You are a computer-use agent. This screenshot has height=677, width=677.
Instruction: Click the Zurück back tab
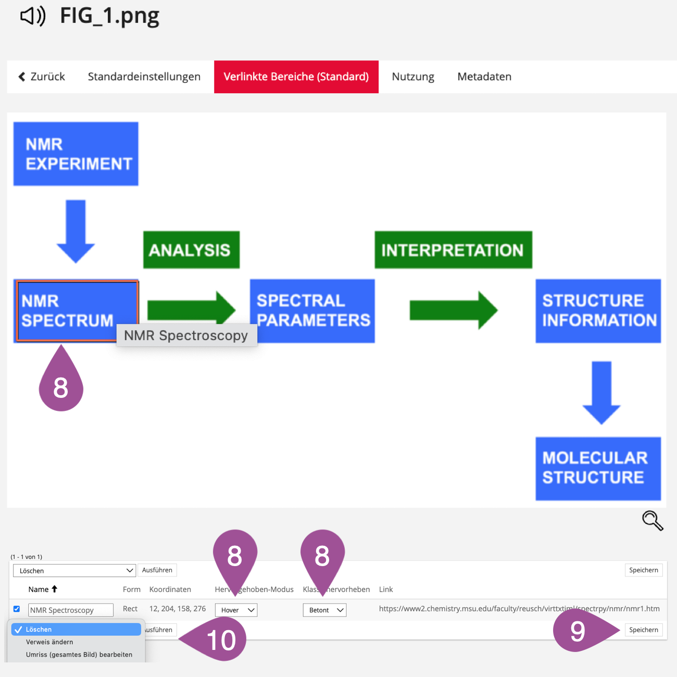[x=42, y=77]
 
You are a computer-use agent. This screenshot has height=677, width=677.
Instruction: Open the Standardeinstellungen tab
[x=144, y=77]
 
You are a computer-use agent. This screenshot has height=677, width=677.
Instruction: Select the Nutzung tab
[x=412, y=77]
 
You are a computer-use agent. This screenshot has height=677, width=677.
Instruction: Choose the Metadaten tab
[x=484, y=77]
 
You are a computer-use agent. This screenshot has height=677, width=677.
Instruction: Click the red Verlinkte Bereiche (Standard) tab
[x=296, y=77]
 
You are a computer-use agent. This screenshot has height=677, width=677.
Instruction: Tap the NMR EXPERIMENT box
[x=76, y=154]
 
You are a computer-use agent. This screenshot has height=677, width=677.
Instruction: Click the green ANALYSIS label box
[x=191, y=250]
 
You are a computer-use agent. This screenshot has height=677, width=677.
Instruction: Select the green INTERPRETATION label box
[x=453, y=250]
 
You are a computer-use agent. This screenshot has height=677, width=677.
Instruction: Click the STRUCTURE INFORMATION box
[x=598, y=311]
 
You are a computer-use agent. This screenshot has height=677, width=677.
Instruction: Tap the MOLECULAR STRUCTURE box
[x=598, y=468]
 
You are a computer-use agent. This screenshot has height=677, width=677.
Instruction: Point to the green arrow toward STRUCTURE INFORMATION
[x=453, y=310]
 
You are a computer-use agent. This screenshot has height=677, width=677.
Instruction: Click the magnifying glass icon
[x=652, y=520]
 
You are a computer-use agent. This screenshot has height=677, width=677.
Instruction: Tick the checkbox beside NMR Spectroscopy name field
[x=17, y=609]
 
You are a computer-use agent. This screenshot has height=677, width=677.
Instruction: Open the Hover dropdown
[x=236, y=610]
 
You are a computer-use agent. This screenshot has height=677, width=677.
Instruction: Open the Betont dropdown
[x=324, y=610]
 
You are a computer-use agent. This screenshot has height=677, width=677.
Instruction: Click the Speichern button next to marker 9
[x=643, y=630]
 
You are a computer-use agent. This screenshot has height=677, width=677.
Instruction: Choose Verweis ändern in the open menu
[x=49, y=642]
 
